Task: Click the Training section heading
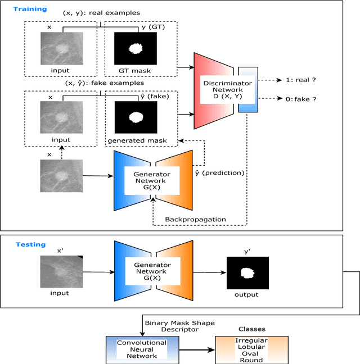30,10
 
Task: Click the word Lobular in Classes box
252,348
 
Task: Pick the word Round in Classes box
252,361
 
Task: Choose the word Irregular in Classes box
252,340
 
